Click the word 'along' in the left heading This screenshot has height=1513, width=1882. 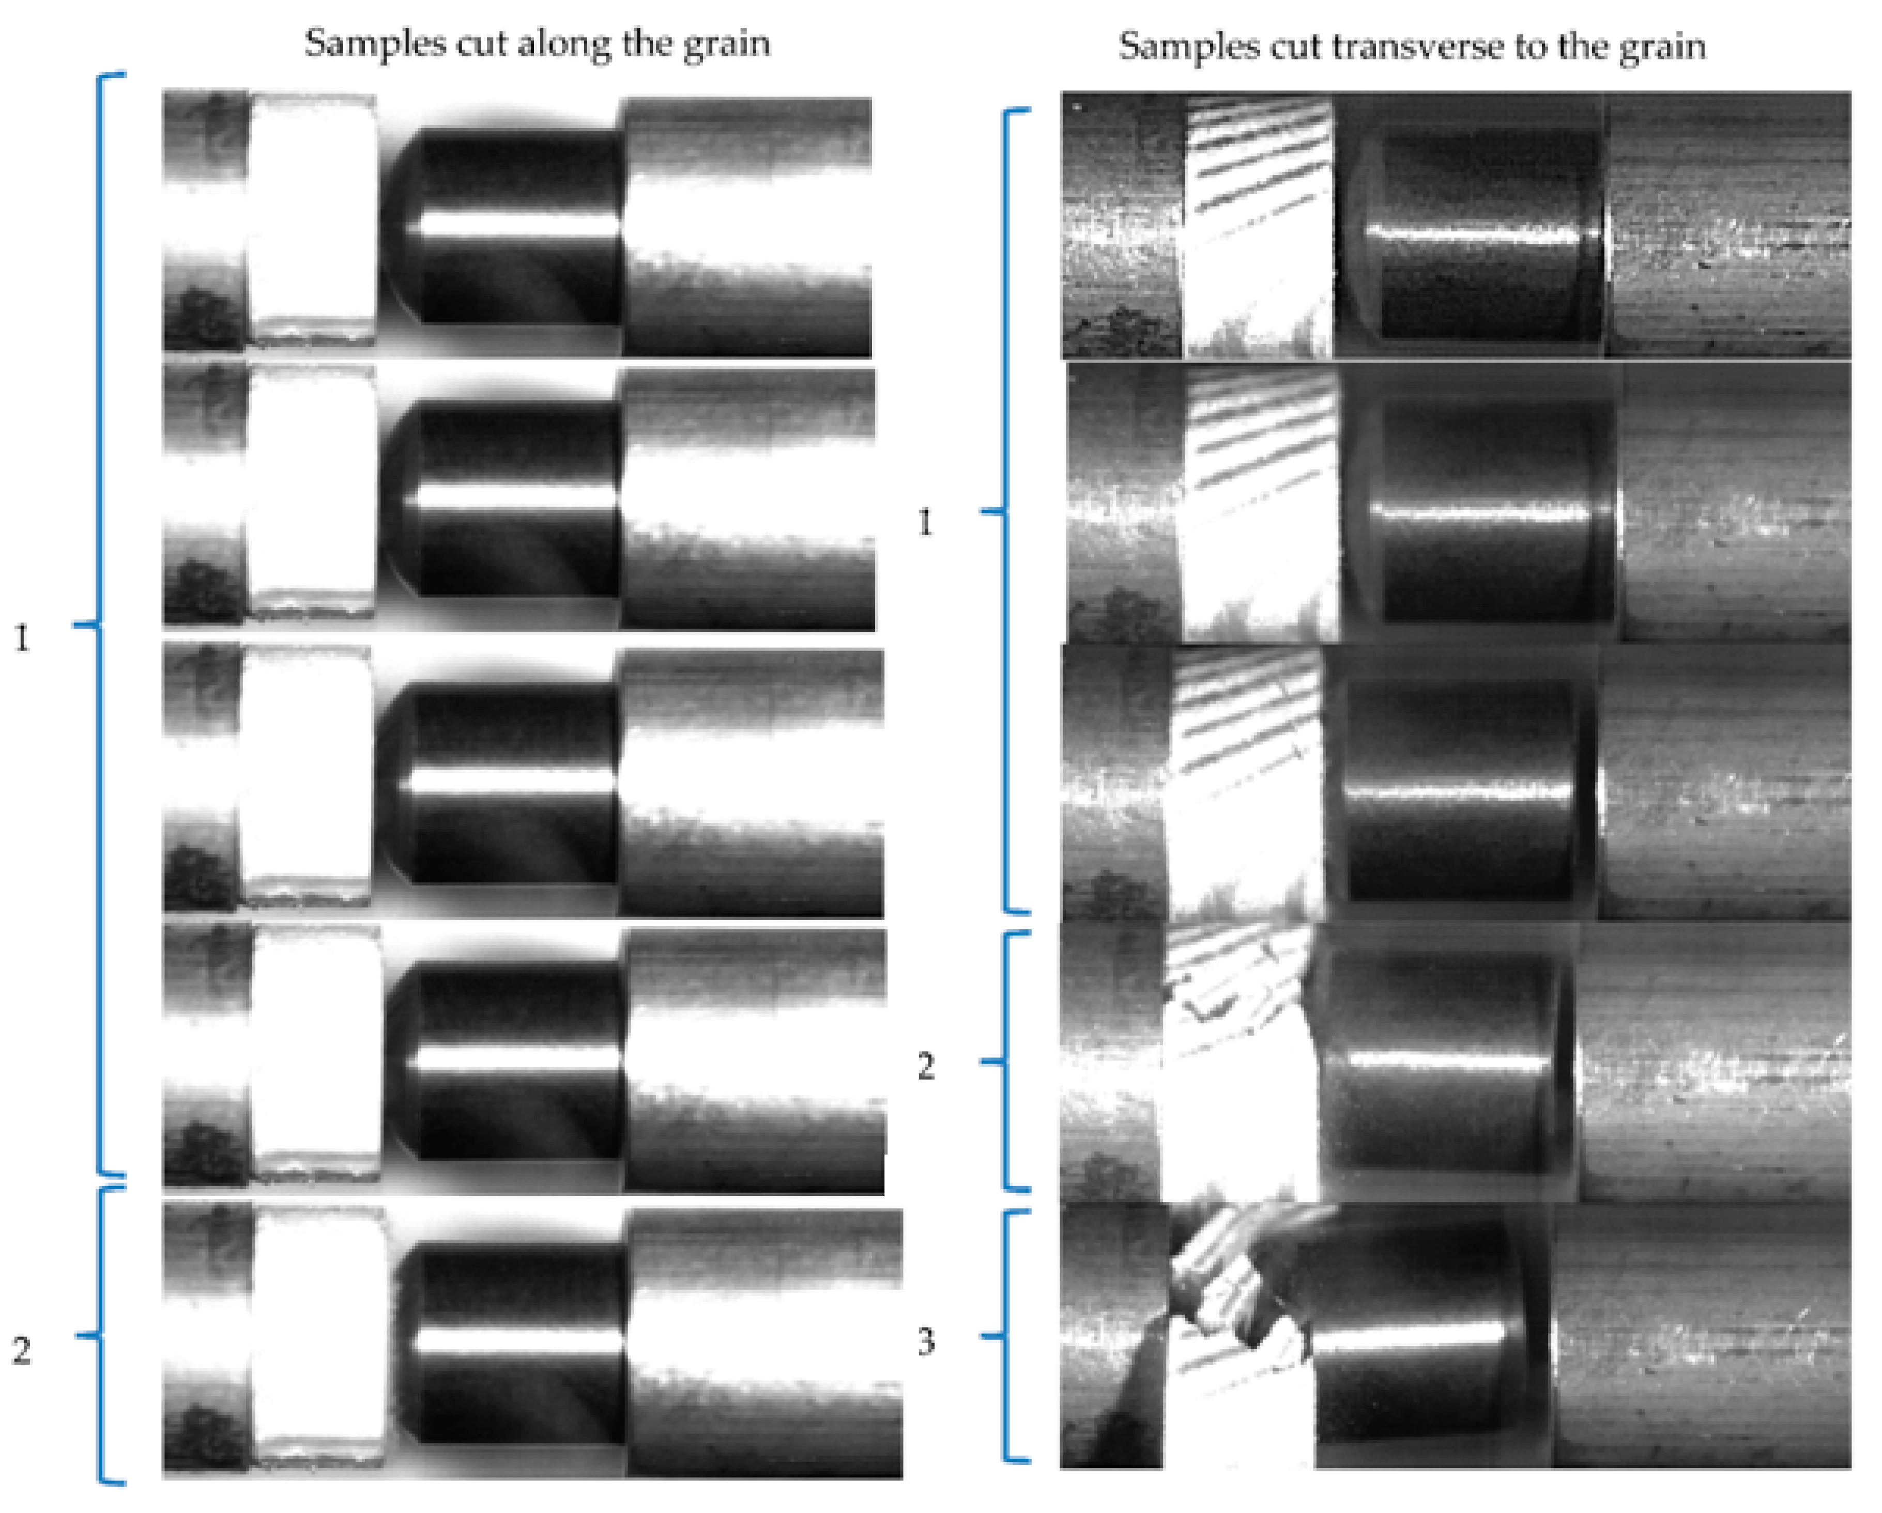pos(564,43)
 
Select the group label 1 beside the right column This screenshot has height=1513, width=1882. pos(925,523)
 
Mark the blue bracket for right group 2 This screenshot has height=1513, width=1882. pos(1004,1062)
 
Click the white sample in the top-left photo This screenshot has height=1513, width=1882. pos(313,218)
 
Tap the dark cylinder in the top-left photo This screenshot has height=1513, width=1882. pos(515,227)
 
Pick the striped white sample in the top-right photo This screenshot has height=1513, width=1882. pos(1257,227)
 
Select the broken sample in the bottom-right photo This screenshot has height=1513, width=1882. pos(1231,1327)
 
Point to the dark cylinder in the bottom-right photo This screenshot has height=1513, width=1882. pos(1414,1335)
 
